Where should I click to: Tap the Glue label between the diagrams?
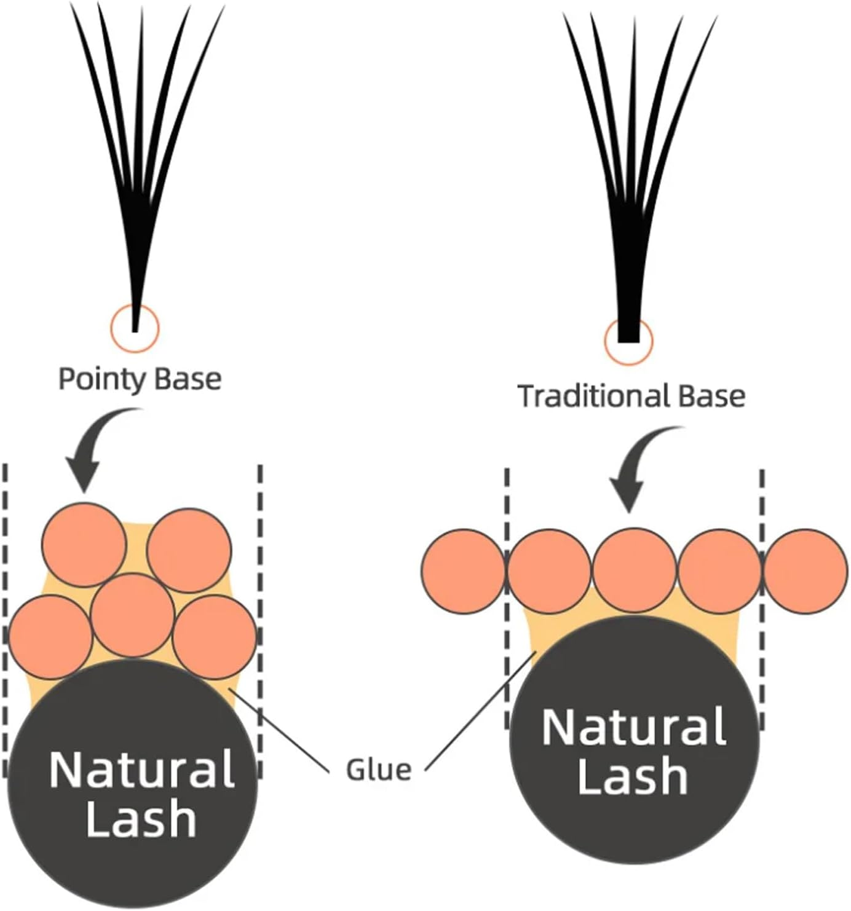[378, 770]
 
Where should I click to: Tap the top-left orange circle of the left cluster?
[84, 545]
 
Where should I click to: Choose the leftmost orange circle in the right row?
[463, 571]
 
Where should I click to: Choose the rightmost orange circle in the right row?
[805, 571]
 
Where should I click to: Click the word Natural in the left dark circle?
[141, 768]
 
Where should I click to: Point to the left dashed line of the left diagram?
[5, 615]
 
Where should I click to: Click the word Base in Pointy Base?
[188, 379]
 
